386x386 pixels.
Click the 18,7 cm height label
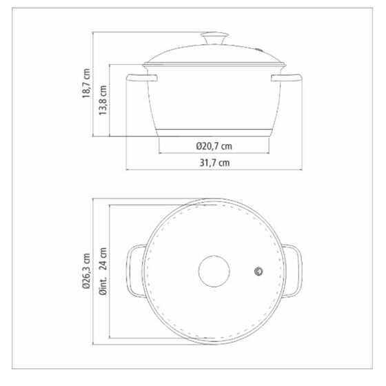[x=86, y=83]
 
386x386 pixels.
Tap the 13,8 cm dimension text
[x=103, y=100]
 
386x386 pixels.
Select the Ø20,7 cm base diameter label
[x=214, y=146]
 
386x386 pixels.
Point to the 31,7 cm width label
[x=214, y=163]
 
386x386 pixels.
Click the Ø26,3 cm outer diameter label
[x=86, y=271]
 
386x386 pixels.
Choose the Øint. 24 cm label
[x=103, y=272]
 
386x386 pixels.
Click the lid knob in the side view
[x=214, y=38]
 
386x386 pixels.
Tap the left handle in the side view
[x=141, y=77]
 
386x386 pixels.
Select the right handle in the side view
[x=286, y=77]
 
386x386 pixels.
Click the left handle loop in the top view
[x=128, y=271]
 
